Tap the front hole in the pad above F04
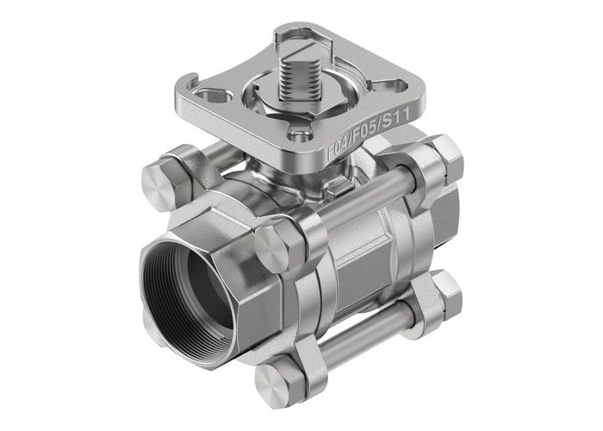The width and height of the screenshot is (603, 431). (298, 134)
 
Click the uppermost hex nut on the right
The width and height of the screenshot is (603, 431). (444, 157)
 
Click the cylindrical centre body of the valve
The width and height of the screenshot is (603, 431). (353, 250)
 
